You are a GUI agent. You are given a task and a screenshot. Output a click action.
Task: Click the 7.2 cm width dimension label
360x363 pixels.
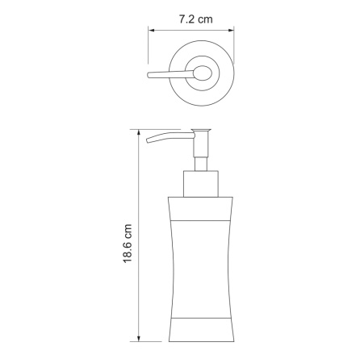[195, 19]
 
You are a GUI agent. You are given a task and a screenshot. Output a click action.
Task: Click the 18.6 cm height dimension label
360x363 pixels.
[128, 244]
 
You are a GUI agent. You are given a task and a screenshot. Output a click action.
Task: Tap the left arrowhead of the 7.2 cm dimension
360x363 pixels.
[152, 31]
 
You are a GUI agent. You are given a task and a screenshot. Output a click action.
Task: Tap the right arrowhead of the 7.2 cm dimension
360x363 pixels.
[231, 31]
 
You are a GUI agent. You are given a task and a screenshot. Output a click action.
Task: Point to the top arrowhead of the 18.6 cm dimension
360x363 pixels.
[139, 133]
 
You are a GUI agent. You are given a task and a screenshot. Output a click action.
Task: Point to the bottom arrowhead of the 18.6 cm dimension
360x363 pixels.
[139, 338]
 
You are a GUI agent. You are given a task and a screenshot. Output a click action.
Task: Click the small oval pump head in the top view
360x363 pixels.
[203, 73]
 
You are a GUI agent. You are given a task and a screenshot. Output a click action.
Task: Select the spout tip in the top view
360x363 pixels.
[149, 76]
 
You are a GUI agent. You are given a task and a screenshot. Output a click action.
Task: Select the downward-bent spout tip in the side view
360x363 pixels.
[149, 140]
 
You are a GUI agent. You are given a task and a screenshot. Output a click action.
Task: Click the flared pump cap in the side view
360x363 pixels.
[202, 131]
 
